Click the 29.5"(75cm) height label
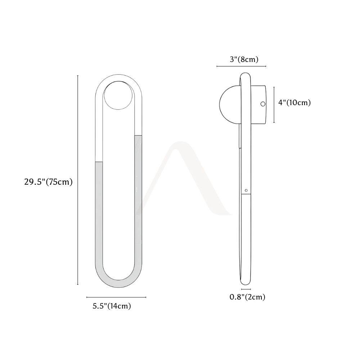(49, 182)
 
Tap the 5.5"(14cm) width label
(112, 306)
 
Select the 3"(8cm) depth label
(244, 59)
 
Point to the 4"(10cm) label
(294, 102)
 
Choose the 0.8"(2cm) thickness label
(248, 297)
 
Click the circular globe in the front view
(118, 95)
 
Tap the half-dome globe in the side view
(230, 105)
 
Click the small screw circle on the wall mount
(263, 104)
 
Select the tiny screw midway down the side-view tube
(246, 190)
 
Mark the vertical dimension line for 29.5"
(78, 180)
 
